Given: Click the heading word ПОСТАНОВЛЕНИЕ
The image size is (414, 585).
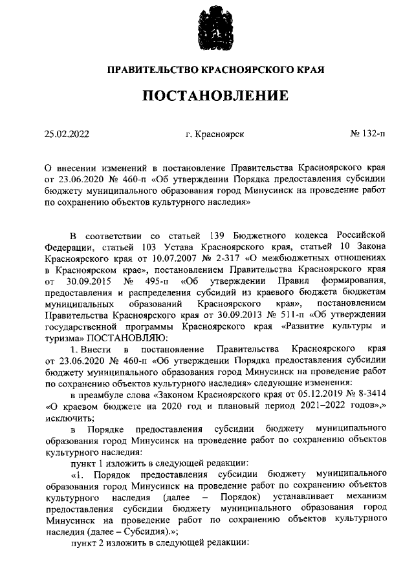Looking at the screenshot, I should tap(215, 96).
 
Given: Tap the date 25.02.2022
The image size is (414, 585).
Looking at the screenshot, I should tap(67, 134).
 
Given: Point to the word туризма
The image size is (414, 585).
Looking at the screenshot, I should tap(64, 338).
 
